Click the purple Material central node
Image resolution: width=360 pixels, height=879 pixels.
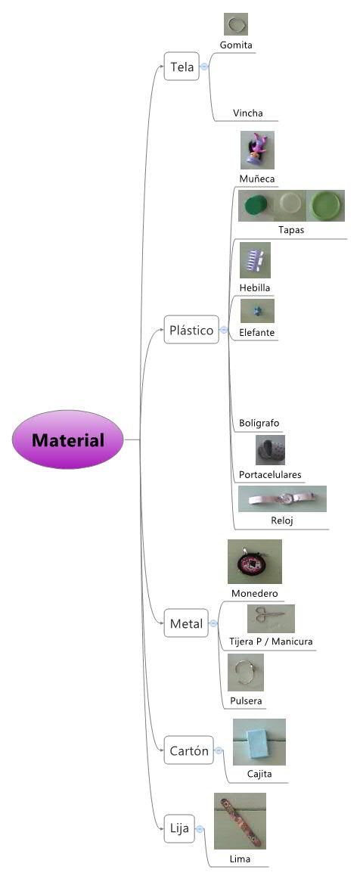[x=68, y=440]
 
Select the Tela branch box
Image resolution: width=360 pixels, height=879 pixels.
[x=182, y=67]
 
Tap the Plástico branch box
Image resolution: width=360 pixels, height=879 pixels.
[x=191, y=331]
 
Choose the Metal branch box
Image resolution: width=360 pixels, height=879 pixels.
[x=186, y=624]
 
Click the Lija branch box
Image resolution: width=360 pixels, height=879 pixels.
[x=180, y=829]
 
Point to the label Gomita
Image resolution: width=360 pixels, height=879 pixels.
[x=236, y=45]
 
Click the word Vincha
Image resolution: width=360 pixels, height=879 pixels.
[x=248, y=113]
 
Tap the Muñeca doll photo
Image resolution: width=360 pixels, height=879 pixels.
[x=257, y=150]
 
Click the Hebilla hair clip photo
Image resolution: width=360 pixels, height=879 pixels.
[x=254, y=261]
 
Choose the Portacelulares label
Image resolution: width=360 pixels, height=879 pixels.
[x=270, y=475]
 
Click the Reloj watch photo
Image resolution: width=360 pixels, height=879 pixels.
[x=282, y=499]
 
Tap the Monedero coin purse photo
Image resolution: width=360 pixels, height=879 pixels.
[x=254, y=561]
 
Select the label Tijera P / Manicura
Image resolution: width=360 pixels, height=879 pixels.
[x=271, y=641]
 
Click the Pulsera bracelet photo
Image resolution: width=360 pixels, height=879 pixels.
[x=246, y=673]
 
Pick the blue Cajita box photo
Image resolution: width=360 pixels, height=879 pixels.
[x=259, y=741]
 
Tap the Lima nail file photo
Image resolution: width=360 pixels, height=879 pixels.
[x=240, y=821]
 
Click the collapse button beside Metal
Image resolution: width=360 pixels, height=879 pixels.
[x=213, y=624]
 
